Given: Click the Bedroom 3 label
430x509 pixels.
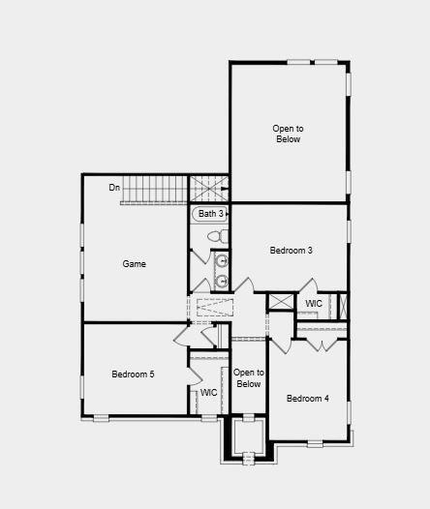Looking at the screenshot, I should [291, 251].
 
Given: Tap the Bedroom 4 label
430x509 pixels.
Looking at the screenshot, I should [308, 399].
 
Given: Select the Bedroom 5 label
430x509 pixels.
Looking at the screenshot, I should [133, 374].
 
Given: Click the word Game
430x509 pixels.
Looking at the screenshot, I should [134, 263].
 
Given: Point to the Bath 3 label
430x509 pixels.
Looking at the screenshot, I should [210, 213].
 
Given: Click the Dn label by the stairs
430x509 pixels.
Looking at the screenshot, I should [114, 187].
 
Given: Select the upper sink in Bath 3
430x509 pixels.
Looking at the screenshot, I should [221, 261].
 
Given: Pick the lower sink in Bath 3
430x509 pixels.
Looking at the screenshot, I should [221, 282].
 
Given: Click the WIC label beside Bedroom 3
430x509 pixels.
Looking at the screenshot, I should [314, 304].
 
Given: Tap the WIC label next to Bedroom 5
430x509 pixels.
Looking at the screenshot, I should [208, 392].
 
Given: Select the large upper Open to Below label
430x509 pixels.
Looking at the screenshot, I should [288, 134].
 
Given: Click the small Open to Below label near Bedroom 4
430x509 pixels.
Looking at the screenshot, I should [248, 377].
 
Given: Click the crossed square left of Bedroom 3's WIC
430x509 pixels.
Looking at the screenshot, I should [281, 301].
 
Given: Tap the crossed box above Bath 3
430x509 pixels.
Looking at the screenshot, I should [208, 188].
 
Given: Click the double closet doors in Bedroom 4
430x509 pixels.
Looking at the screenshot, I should [320, 344].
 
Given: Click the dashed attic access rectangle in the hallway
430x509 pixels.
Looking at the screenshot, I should [214, 309].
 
